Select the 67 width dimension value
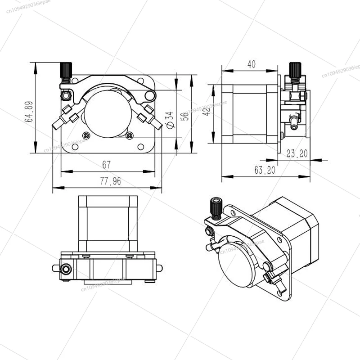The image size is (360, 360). point(107,165)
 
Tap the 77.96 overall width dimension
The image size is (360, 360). point(107,181)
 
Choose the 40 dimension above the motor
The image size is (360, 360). point(251,64)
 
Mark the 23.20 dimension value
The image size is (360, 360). point(297,153)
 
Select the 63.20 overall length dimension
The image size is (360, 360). point(264,171)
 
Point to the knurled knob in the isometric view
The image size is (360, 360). point(215,207)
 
